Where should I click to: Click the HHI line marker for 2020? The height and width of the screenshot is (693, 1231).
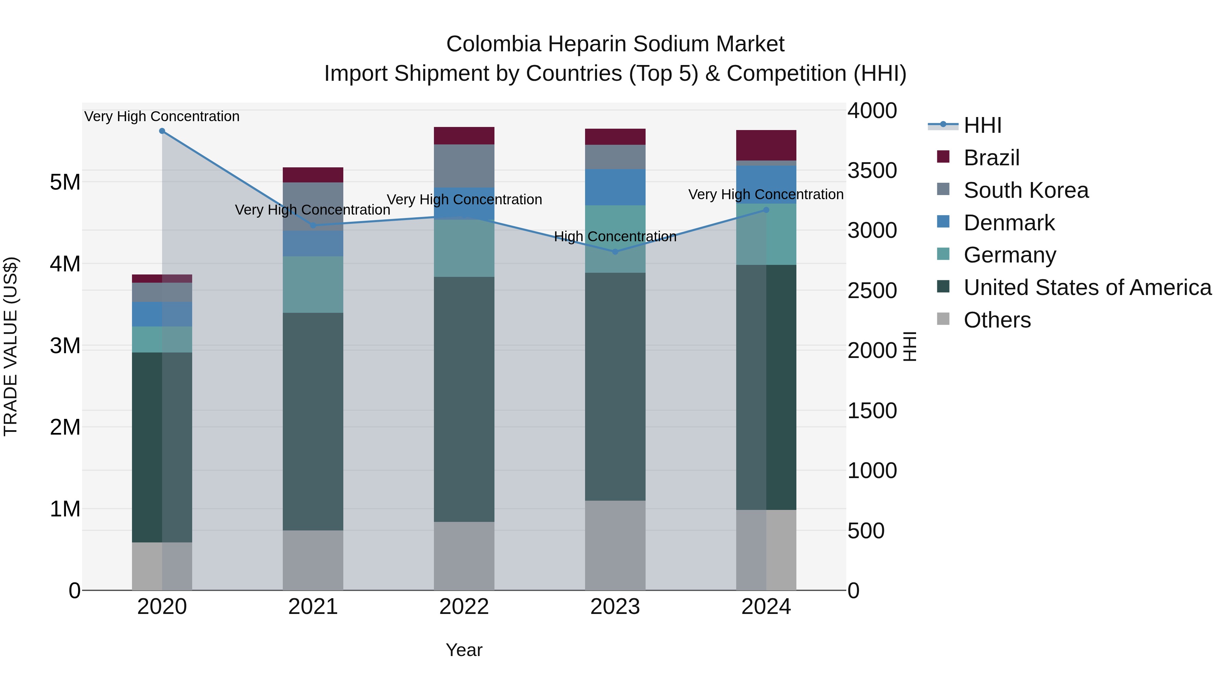[x=162, y=131]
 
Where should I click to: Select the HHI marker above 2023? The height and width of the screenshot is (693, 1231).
[x=615, y=252]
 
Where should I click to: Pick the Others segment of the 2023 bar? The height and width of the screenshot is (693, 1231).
[x=615, y=545]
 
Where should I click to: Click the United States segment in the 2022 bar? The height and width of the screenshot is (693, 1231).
[x=464, y=399]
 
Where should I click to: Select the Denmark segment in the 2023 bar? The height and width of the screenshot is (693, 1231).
[x=615, y=187]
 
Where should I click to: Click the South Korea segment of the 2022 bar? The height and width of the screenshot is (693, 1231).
[x=464, y=166]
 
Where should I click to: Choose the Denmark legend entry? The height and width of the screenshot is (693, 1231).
[x=1009, y=223]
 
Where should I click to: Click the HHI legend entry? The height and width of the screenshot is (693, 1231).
[x=982, y=125]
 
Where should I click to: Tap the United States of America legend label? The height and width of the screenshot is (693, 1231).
[x=1087, y=287]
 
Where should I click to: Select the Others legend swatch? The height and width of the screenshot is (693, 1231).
[x=943, y=319]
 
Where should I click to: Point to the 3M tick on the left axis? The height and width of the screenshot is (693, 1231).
[x=65, y=345]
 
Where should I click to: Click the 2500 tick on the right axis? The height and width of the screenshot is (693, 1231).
[x=872, y=291]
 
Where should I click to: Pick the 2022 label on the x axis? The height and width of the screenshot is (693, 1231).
[x=464, y=607]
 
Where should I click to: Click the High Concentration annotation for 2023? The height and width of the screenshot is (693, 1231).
[x=615, y=237]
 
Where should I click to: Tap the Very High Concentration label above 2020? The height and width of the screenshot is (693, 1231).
[x=162, y=117]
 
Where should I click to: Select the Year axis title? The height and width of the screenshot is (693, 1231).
[x=464, y=650]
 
